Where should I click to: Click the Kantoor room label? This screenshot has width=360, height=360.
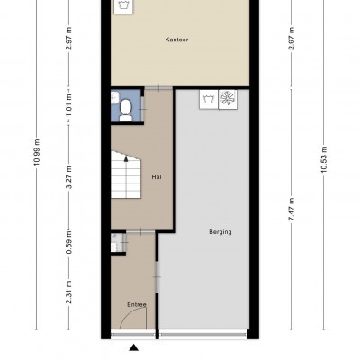(176, 40)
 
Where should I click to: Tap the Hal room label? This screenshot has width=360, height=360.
(157, 177)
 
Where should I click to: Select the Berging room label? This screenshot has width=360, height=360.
(220, 232)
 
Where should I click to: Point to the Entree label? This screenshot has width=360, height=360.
(137, 305)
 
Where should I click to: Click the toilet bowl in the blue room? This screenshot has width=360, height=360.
(126, 110)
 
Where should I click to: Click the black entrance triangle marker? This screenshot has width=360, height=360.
(134, 348)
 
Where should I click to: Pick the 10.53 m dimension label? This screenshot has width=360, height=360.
(323, 159)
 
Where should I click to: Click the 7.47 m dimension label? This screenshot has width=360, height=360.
(292, 209)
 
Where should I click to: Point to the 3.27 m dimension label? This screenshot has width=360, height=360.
(69, 177)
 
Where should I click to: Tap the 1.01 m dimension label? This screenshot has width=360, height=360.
(69, 105)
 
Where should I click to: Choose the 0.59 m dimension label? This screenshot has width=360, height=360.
(69, 242)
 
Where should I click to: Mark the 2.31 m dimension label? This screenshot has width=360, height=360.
(69, 292)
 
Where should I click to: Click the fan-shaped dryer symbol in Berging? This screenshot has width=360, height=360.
(228, 99)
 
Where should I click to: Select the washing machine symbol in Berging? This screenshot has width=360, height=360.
(209, 99)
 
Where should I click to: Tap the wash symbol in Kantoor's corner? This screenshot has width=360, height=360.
(123, 6)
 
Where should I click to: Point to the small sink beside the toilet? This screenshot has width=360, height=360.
(115, 97)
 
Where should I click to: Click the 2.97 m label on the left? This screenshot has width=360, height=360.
(69, 39)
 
